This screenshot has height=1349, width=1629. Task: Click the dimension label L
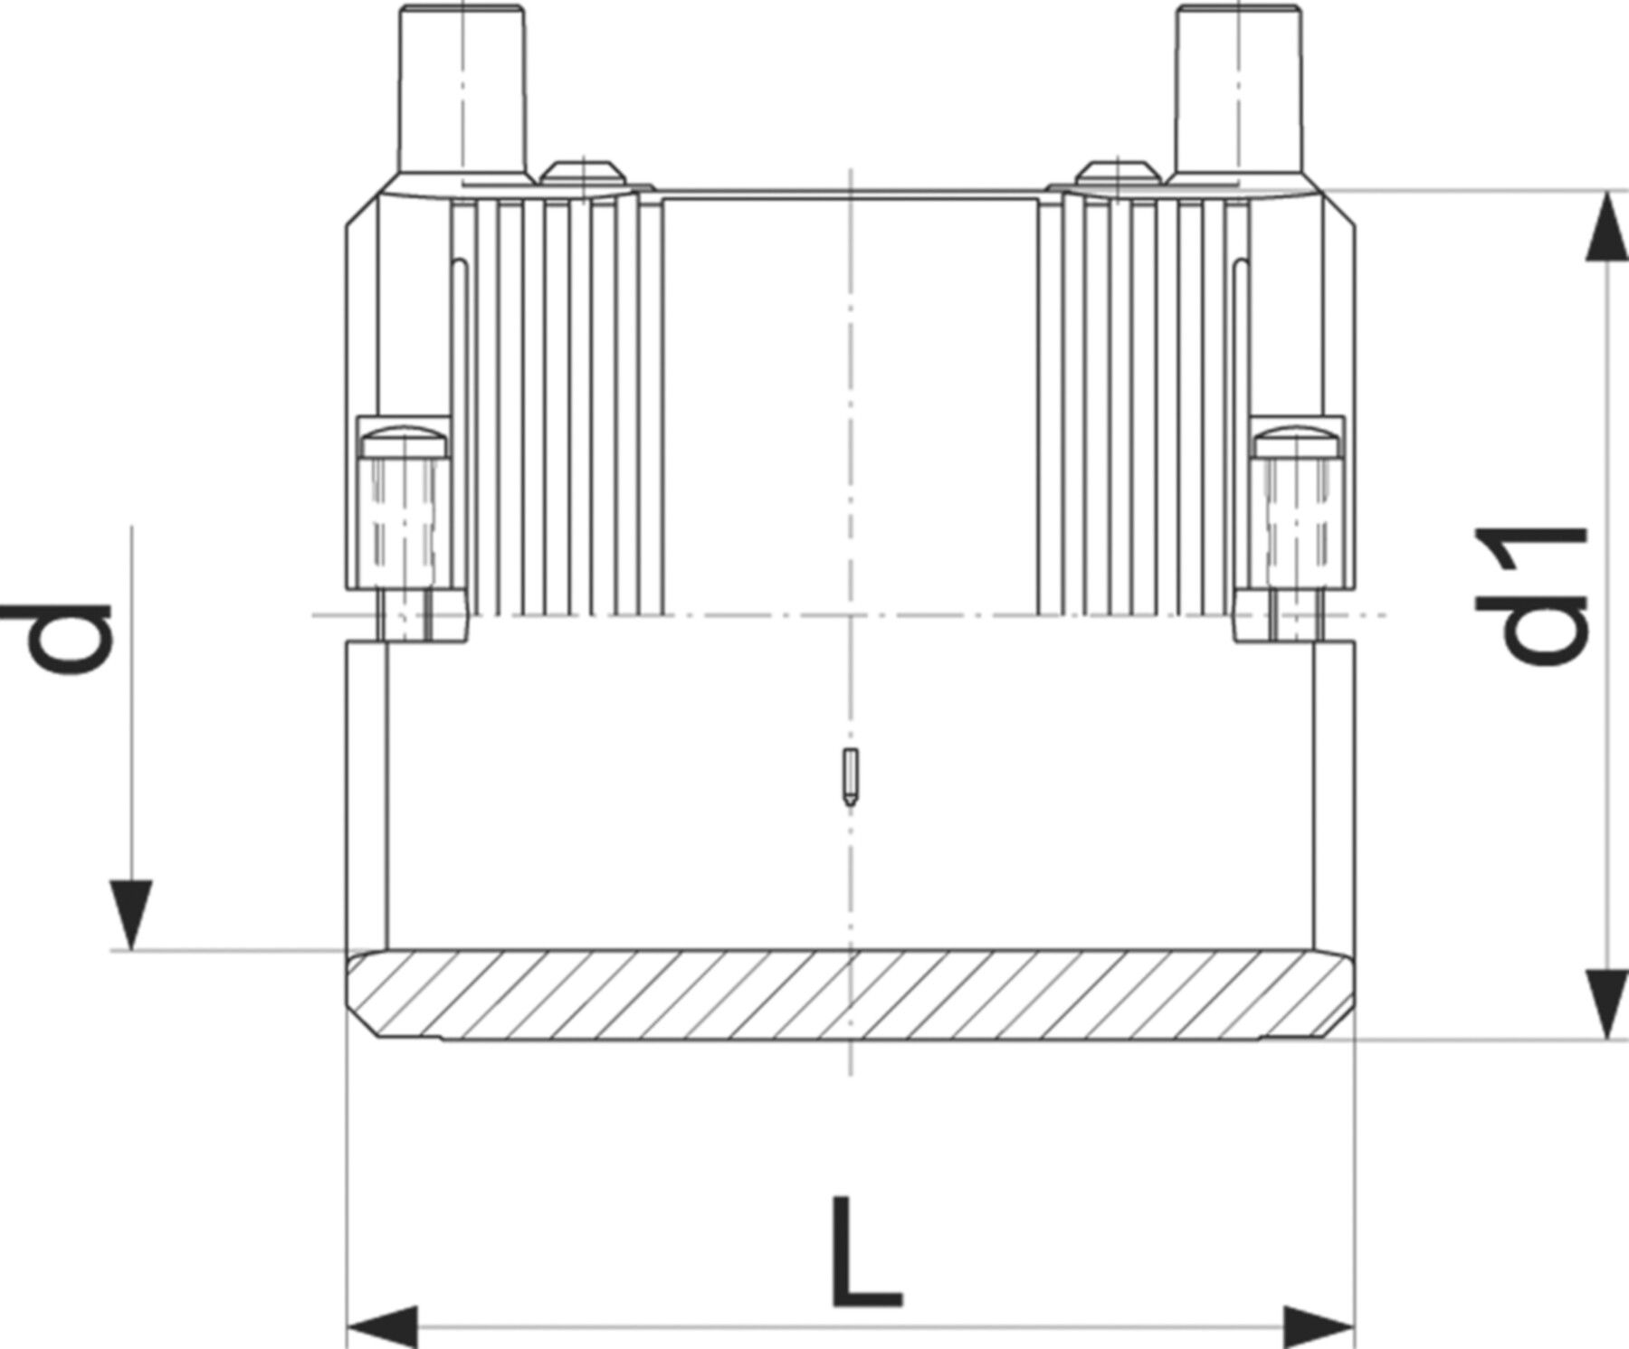coord(866,1253)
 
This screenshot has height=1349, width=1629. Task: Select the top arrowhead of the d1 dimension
coord(1606,226)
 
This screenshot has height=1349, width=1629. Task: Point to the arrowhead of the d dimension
coord(132,914)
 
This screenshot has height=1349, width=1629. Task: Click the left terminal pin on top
coord(462,90)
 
